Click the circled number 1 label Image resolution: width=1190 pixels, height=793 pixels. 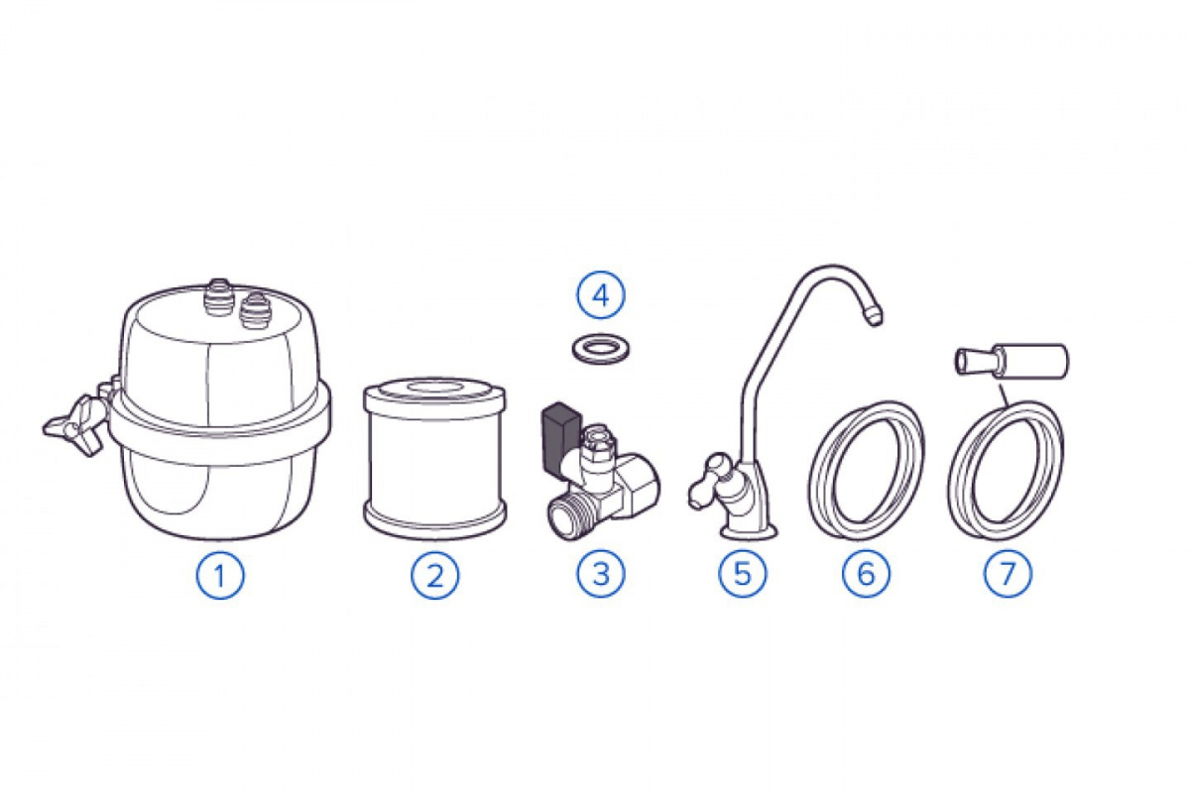pos(220,575)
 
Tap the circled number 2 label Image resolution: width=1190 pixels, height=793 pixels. pos(435,575)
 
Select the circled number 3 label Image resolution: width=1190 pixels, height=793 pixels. pos(601,574)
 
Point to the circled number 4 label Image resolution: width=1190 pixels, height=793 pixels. pos(601,295)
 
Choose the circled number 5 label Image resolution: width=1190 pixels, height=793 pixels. pos(743,574)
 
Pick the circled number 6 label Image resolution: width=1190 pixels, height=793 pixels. pos(866,574)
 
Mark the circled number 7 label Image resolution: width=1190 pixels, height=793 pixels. pos(1008,574)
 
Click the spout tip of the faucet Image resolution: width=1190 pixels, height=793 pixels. pos(871,315)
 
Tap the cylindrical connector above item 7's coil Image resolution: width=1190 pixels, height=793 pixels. pos(1012,361)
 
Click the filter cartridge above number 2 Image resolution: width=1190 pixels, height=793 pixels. pos(434,458)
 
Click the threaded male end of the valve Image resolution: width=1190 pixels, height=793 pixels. pos(567,514)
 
